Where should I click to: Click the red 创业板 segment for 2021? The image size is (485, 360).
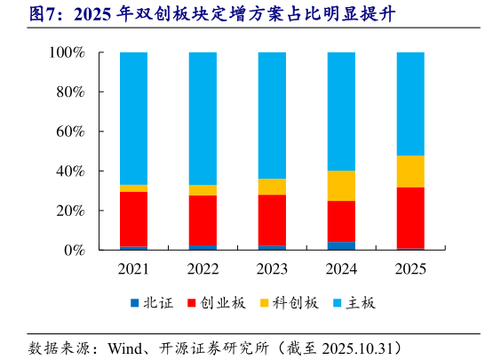tap(133, 219)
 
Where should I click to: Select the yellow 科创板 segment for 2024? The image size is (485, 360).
tap(341, 186)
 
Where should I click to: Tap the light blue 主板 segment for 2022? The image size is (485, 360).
tap(203, 118)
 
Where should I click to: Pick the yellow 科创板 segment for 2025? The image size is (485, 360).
tap(410, 172)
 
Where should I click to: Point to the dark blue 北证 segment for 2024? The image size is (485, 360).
tap(341, 245)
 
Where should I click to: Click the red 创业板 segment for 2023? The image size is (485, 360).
tap(272, 220)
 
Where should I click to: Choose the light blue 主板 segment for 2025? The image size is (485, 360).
tap(410, 104)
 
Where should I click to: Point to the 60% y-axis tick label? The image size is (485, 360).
tap(69, 132)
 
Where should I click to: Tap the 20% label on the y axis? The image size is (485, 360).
tap(69, 211)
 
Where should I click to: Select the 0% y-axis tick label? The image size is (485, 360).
tap(73, 251)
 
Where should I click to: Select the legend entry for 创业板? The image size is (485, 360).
tap(212, 303)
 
